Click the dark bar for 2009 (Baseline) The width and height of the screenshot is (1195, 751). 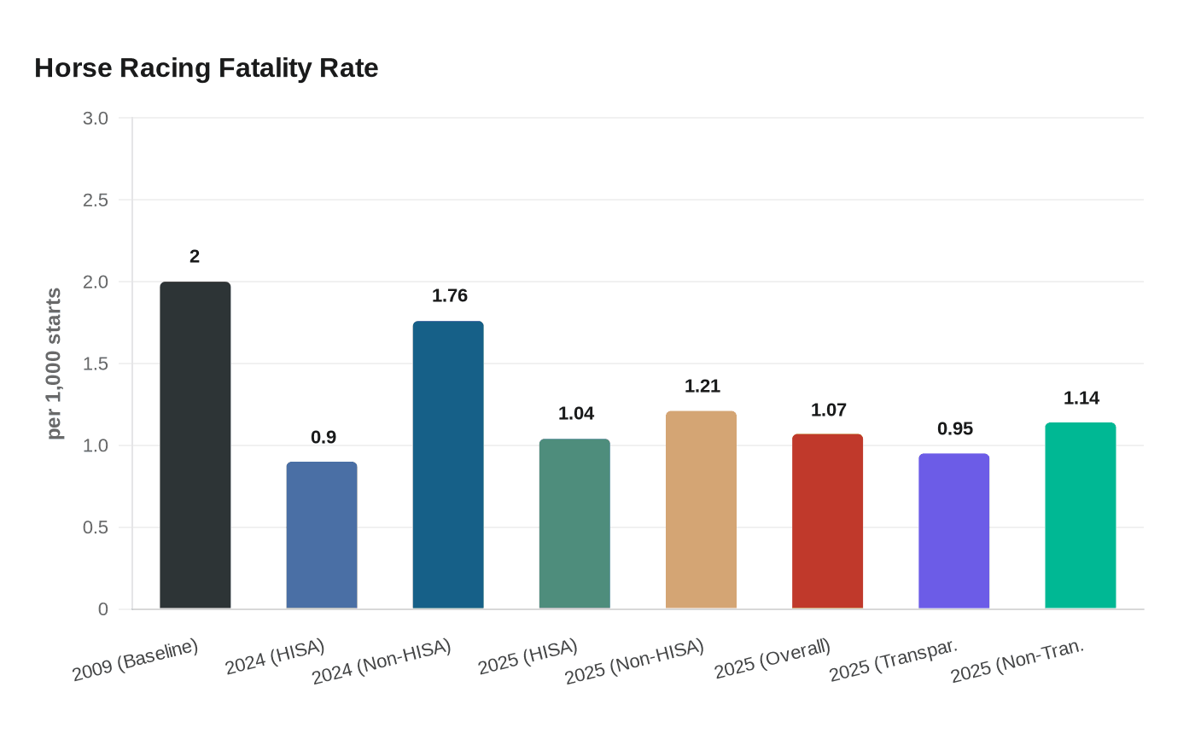pos(195,445)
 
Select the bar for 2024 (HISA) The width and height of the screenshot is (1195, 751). pos(321,535)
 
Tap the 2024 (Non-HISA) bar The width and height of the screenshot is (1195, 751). pos(448,464)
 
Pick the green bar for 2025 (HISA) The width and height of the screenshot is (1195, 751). pos(574,523)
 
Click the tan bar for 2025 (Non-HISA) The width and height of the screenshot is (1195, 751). pos(701,509)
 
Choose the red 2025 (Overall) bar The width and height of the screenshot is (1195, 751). pos(827,521)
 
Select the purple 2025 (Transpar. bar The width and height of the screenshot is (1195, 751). pos(953,531)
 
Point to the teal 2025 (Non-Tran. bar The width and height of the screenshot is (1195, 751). pos(1080,515)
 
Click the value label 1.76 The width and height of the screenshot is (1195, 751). pos(450,295)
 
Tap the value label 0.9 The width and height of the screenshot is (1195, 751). pos(324,437)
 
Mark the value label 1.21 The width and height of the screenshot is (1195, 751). pos(702,386)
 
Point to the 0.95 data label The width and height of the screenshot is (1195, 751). pos(955,428)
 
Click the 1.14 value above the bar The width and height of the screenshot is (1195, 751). pos(1081,398)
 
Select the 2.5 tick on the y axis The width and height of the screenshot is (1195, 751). pos(96,200)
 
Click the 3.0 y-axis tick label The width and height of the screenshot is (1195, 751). pos(96,118)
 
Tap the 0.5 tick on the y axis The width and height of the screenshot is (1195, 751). pos(96,527)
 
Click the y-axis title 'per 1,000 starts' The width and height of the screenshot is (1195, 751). pos(54,364)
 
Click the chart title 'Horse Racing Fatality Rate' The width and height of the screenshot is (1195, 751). pos(207,67)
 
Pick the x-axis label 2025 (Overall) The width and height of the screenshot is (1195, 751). pos(772,659)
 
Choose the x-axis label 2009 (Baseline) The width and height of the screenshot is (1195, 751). pos(135,660)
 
